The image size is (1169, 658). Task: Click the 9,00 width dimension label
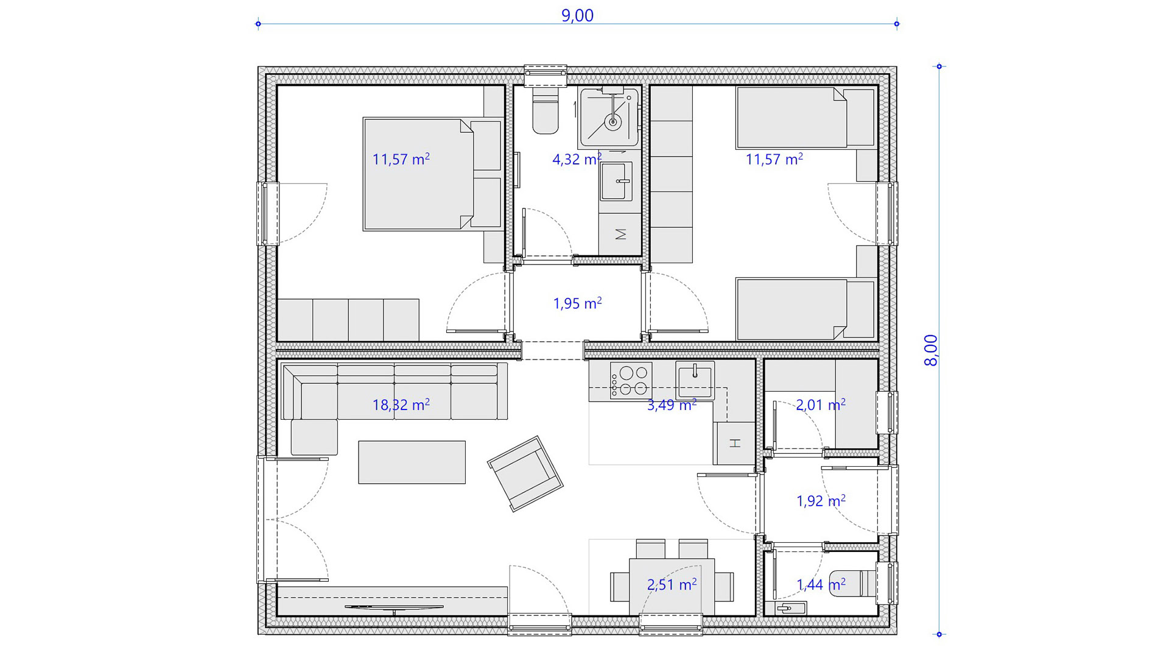pos(577,15)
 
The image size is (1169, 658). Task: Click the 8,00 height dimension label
pos(931,350)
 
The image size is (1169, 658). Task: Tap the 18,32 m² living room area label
pos(401,405)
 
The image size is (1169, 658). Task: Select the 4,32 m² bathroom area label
pos(577,159)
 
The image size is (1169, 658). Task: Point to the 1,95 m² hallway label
pos(577,303)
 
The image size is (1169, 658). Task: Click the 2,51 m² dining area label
pos(672,585)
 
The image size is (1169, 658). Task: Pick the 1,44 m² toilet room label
pos(821,585)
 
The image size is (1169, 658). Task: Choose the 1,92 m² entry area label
pos(821,501)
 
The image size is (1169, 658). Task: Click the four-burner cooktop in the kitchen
pos(631,381)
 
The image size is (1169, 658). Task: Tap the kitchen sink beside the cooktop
pos(695,380)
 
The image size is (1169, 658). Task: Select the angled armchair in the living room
pos(525,473)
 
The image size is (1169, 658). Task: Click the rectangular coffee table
pos(412,462)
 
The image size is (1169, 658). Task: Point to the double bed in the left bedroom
pos(432,174)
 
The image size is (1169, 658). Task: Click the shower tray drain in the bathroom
pos(613,122)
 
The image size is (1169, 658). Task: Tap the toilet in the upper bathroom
pos(545,110)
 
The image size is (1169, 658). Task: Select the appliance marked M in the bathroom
pos(620,234)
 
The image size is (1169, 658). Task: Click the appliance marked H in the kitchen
pos(734,443)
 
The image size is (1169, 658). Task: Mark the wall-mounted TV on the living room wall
pos(394,607)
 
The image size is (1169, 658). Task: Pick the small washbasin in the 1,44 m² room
pos(790,608)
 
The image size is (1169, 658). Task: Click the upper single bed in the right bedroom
pos(806,118)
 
